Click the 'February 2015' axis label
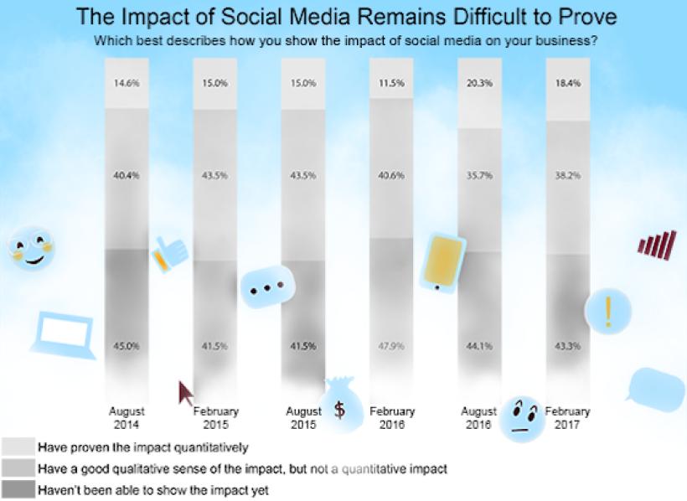point(216,417)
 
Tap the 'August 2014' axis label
point(127,417)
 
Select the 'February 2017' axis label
point(567,417)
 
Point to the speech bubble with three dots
point(268,287)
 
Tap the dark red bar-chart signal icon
point(657,244)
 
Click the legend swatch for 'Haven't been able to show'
point(18,489)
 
